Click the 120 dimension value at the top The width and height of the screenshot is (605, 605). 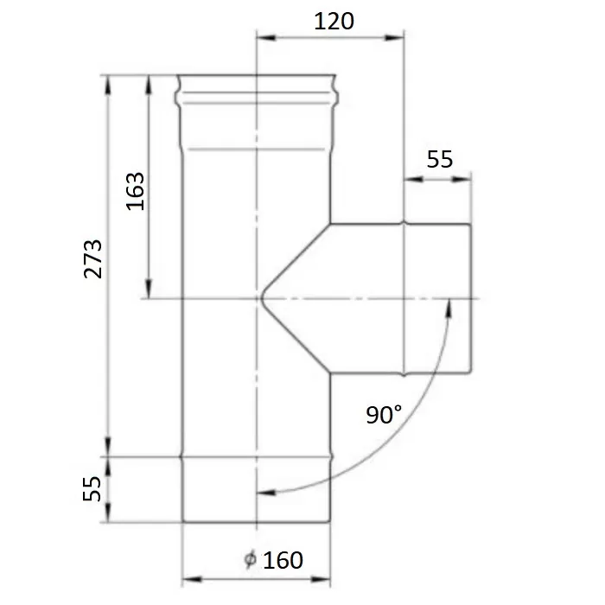click(x=334, y=22)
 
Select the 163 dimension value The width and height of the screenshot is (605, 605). click(x=136, y=191)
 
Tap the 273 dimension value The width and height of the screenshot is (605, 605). click(x=93, y=259)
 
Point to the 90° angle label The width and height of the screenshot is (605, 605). click(x=384, y=415)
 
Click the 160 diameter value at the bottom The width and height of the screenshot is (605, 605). click(x=283, y=560)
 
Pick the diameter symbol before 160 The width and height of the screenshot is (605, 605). click(x=250, y=560)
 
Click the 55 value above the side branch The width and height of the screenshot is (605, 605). click(x=439, y=159)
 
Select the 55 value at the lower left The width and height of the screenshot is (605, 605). click(x=92, y=489)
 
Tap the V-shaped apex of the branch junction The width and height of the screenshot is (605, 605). click(x=262, y=298)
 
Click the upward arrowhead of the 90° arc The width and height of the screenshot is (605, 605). click(x=449, y=308)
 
